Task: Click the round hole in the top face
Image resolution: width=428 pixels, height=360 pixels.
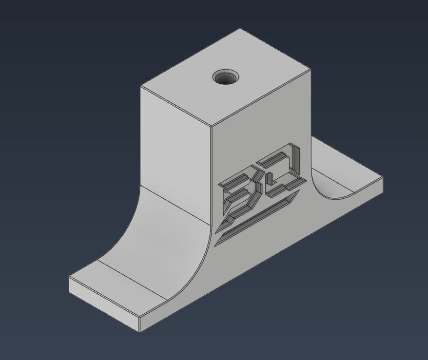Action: point(225,77)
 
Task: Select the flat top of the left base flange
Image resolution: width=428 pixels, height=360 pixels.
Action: point(122,283)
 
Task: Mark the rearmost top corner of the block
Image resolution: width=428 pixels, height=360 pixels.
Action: point(240,29)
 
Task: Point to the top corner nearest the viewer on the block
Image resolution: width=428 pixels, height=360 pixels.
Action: point(211,126)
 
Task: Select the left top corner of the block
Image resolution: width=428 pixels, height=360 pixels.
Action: point(140,86)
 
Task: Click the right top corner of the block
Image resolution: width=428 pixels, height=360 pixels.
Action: point(311,70)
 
